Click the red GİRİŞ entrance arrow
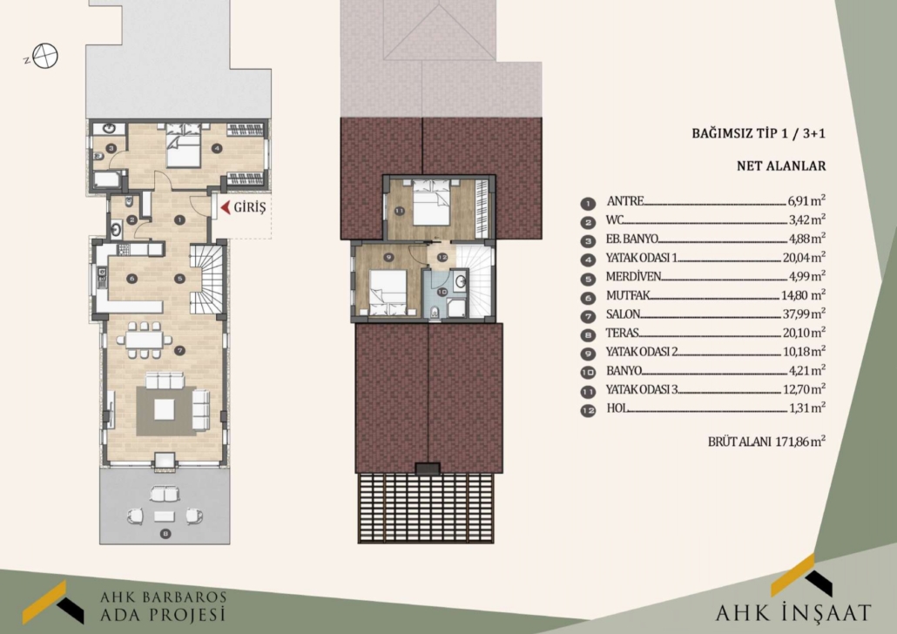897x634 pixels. (x=226, y=207)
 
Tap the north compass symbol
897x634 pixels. (x=45, y=56)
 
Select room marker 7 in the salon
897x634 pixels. (x=180, y=350)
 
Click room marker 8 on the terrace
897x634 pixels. (x=165, y=534)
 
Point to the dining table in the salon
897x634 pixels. (x=145, y=340)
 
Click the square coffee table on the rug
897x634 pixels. (x=165, y=408)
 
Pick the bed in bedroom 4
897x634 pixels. (x=183, y=145)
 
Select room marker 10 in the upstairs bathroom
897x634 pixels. (x=442, y=292)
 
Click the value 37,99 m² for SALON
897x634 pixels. (x=804, y=314)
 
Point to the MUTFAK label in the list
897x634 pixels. (x=628, y=295)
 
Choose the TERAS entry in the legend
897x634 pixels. (x=622, y=333)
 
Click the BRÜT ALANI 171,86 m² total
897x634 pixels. (x=766, y=442)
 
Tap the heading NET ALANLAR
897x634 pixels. (x=781, y=166)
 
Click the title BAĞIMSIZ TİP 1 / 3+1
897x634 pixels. (x=759, y=133)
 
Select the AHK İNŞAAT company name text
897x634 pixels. (x=793, y=613)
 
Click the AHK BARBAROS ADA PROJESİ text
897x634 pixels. (x=163, y=606)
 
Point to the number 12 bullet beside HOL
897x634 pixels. (x=588, y=410)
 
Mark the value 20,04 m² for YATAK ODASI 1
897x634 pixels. (x=804, y=257)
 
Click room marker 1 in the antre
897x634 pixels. (x=179, y=219)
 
